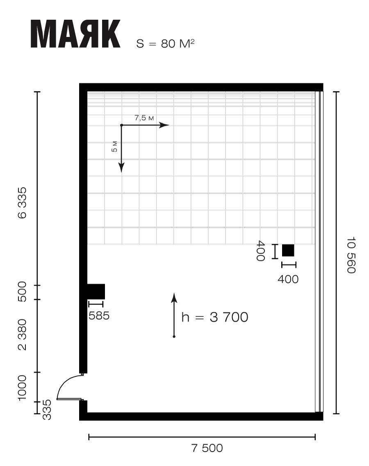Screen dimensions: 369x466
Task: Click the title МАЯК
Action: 75,34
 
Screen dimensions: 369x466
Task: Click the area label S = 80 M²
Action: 166,43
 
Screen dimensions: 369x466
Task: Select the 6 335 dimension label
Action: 22,203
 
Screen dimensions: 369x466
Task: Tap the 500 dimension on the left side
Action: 22,292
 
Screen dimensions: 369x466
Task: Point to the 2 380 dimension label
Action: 22,335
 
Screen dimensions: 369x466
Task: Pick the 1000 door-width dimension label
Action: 22,388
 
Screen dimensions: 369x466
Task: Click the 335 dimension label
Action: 47,410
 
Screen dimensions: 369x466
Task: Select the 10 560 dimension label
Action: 351,255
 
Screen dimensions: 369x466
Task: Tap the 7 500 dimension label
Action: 207,448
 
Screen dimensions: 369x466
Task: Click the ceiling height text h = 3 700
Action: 215,317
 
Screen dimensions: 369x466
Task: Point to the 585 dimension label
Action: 99,315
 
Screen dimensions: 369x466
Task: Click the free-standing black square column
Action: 288,250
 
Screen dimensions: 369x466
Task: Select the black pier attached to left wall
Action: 96,292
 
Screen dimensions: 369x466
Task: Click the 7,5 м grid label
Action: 144,118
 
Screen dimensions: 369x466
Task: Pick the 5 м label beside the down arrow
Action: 114,146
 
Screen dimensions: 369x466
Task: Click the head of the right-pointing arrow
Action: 164,125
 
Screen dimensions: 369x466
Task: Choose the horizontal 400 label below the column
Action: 288,279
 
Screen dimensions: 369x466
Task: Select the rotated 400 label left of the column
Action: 260,251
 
